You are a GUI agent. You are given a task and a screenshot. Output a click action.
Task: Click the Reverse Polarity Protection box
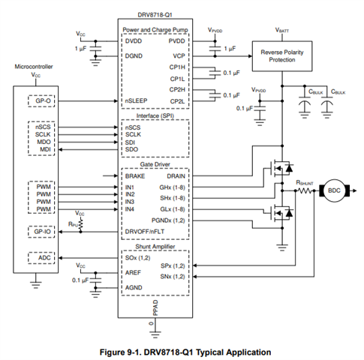pyautogui.click(x=282, y=56)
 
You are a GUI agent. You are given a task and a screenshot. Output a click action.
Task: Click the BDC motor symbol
pyautogui.click(x=335, y=190)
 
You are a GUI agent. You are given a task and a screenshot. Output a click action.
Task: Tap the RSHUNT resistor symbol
pyautogui.click(x=305, y=191)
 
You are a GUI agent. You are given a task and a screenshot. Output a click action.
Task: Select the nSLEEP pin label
pyautogui.click(x=136, y=100)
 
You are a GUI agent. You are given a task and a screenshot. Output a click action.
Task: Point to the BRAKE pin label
pyautogui.click(x=135, y=176)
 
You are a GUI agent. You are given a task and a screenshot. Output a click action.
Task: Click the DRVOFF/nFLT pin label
pyautogui.click(x=145, y=232)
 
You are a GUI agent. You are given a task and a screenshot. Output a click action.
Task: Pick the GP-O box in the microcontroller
pyautogui.click(x=41, y=101)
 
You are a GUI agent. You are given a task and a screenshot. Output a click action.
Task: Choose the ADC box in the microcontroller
pyautogui.click(x=41, y=258)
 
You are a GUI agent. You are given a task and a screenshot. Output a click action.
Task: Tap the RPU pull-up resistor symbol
pyautogui.click(x=80, y=223)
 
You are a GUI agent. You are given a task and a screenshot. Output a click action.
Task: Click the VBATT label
pyautogui.click(x=282, y=30)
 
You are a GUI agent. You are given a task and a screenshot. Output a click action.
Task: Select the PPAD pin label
pyautogui.click(x=155, y=308)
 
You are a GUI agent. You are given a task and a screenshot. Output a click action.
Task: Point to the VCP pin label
pyautogui.click(x=179, y=56)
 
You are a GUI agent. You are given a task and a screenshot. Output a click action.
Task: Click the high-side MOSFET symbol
pyautogui.click(x=279, y=168)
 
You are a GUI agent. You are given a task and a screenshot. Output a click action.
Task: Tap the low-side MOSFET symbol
pyautogui.click(x=279, y=213)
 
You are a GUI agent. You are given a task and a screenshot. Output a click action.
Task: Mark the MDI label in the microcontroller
pyautogui.click(x=45, y=149)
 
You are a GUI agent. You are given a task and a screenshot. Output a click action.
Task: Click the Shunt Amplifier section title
pyautogui.click(x=155, y=247)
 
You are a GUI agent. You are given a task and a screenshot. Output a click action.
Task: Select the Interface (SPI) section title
pyautogui.click(x=155, y=116)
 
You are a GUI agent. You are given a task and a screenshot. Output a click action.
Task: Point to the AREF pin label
pyautogui.click(x=133, y=272)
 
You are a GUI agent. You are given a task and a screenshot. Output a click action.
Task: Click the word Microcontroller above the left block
pyautogui.click(x=34, y=67)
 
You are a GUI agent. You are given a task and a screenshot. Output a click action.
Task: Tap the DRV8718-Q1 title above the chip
pyautogui.click(x=155, y=15)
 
